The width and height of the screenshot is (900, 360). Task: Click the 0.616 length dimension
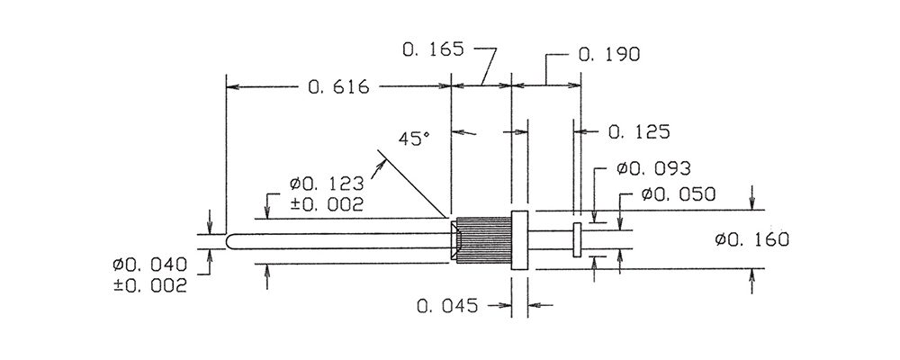pos(338,87)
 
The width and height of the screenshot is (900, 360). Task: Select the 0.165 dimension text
pos(432,49)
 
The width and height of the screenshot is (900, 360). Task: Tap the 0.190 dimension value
pos(609,55)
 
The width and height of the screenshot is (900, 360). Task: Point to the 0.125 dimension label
pos(639,132)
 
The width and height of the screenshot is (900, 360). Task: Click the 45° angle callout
pos(413,139)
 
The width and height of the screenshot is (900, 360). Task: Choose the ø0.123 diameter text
pos(327,184)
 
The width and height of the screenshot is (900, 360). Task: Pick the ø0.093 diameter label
pos(653,169)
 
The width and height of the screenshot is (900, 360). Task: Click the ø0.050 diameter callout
pos(679,194)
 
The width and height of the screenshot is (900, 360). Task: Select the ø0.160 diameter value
pos(751,239)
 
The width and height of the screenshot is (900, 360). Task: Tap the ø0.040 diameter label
pos(149,265)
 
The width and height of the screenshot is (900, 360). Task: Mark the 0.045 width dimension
pos(447,306)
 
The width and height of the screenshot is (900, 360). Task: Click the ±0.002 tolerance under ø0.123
pos(327,204)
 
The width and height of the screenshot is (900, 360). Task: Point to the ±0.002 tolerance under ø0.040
pos(150,285)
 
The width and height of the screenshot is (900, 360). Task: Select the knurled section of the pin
pos(483,241)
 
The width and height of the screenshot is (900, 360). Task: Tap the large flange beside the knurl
pos(519,240)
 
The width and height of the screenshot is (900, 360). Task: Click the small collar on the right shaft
pos(577,240)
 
